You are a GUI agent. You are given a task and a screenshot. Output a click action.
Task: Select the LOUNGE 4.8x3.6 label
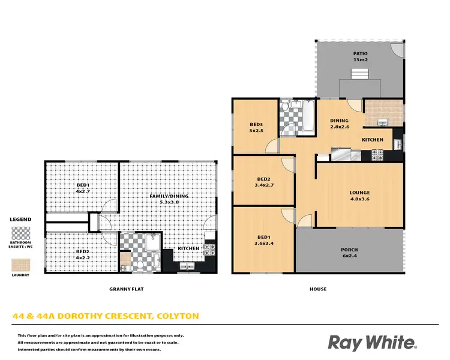[360, 196]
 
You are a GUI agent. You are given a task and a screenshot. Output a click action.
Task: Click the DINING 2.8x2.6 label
[340, 124]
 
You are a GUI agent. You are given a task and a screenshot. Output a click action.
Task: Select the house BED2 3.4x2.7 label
[264, 182]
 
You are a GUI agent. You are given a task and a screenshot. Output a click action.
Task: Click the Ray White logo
[371, 342]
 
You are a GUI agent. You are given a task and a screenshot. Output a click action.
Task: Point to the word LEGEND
[21, 220]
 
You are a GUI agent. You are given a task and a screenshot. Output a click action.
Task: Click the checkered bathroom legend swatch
[21, 233]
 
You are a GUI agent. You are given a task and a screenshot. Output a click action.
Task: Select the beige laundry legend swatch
[21, 263]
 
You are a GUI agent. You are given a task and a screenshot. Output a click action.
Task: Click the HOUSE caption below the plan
[318, 289]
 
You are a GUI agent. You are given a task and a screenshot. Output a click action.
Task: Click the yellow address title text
[106, 316]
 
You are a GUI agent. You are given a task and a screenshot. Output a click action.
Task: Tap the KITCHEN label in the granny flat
[188, 248]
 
